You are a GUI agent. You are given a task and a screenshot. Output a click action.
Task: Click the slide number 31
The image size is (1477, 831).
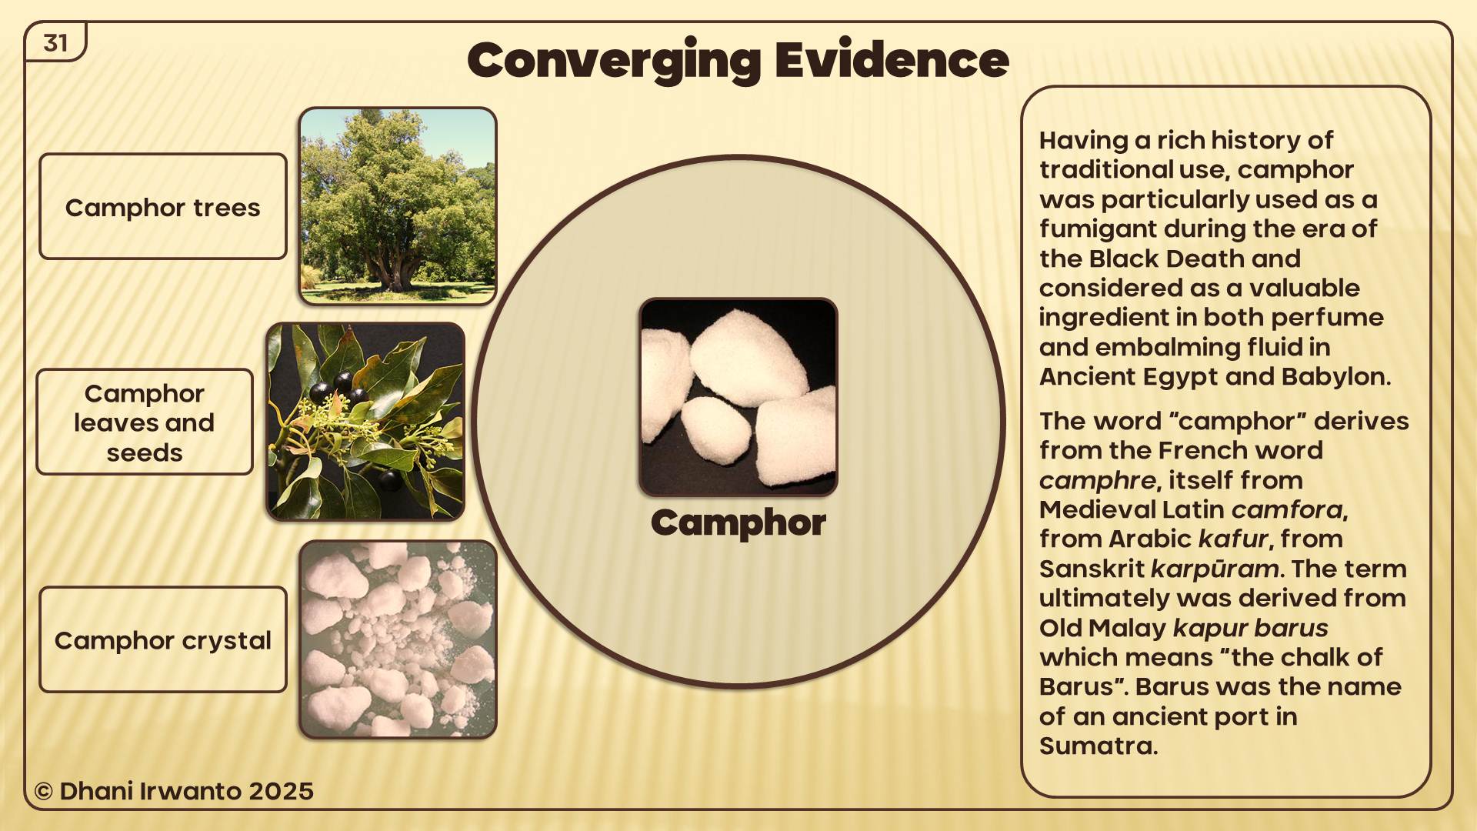55,43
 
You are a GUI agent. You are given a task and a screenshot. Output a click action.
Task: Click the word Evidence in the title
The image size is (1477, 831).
892,60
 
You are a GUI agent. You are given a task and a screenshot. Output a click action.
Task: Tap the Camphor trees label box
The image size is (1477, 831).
163,206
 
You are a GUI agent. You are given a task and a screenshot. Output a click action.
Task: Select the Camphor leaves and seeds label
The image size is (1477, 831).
145,422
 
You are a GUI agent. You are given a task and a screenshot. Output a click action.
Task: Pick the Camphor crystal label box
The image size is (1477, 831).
163,639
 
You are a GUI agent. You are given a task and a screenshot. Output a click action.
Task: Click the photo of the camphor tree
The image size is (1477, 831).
398,205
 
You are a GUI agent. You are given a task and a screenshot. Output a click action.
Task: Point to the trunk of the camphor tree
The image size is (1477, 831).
395,269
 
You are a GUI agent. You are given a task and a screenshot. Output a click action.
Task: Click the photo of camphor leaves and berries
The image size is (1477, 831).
365,422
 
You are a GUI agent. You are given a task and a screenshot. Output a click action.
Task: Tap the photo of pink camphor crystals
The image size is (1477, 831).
398,639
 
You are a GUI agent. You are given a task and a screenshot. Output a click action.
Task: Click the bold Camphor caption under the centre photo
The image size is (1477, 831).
738,523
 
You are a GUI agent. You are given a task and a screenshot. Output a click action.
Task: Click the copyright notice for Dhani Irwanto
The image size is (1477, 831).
174,791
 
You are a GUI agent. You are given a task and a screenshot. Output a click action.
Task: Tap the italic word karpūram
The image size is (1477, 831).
1215,569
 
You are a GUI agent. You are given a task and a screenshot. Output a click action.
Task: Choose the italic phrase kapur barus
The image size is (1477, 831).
1251,628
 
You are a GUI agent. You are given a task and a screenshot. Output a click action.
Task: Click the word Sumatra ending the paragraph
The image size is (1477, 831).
1099,746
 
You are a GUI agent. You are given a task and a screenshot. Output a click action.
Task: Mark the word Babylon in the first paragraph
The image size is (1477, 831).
1336,377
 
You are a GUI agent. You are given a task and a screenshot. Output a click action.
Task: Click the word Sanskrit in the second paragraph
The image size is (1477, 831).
1092,569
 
